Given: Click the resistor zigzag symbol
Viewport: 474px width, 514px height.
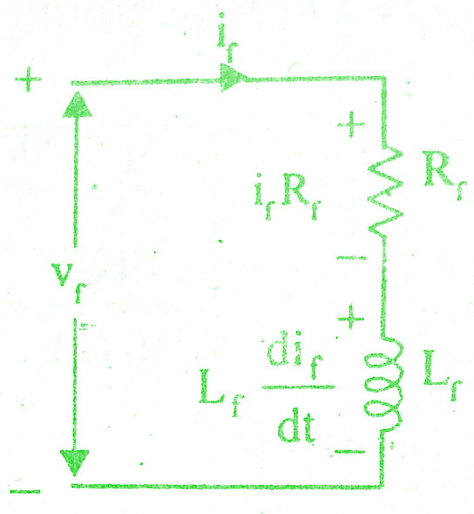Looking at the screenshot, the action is tap(385, 194).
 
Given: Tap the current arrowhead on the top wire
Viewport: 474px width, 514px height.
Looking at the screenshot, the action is tap(233, 78).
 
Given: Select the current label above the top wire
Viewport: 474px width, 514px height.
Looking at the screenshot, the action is tap(227, 38).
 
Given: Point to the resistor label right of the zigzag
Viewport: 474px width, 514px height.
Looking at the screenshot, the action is tap(444, 175).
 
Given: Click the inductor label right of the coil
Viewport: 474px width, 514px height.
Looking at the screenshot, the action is tap(443, 374).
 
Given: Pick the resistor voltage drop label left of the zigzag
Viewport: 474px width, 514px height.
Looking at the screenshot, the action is tap(288, 196).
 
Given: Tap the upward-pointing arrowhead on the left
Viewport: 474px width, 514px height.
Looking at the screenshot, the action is tap(78, 104).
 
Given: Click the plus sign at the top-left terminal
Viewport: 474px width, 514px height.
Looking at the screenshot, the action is tap(28, 79).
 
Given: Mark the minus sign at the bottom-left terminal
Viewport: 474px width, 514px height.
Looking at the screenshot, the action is tap(25, 491).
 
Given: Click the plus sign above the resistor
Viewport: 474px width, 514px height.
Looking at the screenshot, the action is tap(351, 125).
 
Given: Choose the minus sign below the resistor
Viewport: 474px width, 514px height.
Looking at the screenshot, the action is tap(351, 258).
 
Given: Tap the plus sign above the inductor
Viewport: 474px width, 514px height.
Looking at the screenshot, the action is tap(351, 318).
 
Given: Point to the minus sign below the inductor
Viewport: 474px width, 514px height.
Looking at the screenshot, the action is tap(349, 452).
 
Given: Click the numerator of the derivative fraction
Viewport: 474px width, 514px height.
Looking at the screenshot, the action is tap(295, 358).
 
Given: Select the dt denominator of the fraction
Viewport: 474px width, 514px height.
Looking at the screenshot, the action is tap(296, 426).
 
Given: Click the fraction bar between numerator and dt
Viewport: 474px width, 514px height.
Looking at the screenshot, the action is tap(298, 387).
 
